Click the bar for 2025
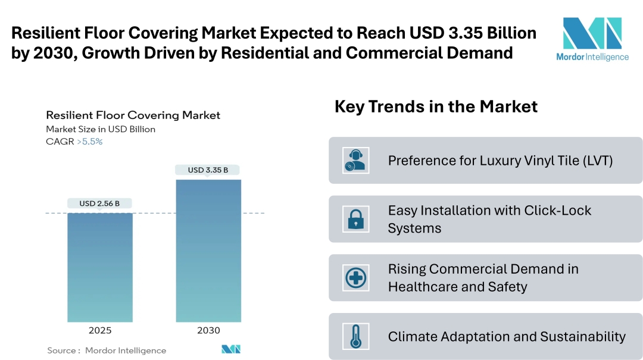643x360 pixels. pyautogui.click(x=99, y=267)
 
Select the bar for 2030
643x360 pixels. pyautogui.click(x=208, y=251)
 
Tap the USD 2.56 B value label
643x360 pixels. pyautogui.click(x=99, y=204)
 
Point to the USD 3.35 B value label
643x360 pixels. pyautogui.click(x=208, y=170)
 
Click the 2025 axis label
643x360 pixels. pyautogui.click(x=99, y=330)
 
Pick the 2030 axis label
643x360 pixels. pyautogui.click(x=208, y=330)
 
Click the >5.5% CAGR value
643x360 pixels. pyautogui.click(x=89, y=142)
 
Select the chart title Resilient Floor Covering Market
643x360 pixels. pyautogui.click(x=133, y=115)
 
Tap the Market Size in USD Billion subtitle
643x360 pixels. pyautogui.click(x=101, y=129)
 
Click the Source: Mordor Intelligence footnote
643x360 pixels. pyautogui.click(x=107, y=350)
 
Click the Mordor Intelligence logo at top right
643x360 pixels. pyautogui.click(x=592, y=39)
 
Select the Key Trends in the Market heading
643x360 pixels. pyautogui.click(x=436, y=107)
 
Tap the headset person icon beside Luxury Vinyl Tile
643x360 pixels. pyautogui.click(x=356, y=160)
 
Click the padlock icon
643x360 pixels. pyautogui.click(x=356, y=219)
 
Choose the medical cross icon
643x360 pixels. pyautogui.click(x=356, y=277)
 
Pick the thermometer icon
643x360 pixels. pyautogui.click(x=356, y=336)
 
